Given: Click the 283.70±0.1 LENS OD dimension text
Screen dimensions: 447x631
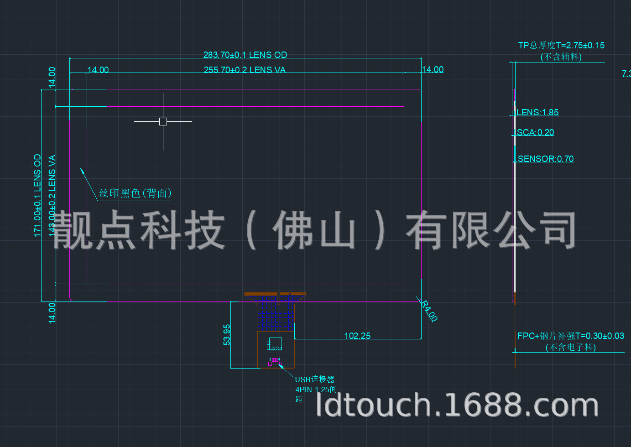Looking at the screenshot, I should click(x=245, y=55).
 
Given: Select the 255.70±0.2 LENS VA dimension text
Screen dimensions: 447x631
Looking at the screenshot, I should click(x=245, y=70).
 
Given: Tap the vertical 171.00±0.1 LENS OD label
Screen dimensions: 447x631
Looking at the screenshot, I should click(x=37, y=195).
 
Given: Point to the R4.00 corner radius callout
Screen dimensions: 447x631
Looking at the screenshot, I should click(x=429, y=311).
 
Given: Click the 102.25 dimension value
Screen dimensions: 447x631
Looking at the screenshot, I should click(x=357, y=336).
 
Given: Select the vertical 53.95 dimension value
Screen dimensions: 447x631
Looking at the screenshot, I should click(x=227, y=334).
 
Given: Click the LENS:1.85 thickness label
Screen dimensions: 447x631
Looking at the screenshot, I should click(x=537, y=112).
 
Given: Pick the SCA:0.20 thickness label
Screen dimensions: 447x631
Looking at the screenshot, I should click(x=535, y=132).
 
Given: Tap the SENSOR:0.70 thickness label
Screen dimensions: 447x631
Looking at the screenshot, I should click(x=546, y=159).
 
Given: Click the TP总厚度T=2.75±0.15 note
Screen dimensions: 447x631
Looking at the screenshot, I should click(x=561, y=46).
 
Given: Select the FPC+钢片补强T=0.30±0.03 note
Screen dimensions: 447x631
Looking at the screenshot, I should click(x=570, y=336).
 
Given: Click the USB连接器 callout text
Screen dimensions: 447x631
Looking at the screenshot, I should click(x=315, y=379).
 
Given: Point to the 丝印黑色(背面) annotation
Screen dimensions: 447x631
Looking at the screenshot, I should click(x=135, y=193).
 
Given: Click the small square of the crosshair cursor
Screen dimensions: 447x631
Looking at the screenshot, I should click(x=163, y=121).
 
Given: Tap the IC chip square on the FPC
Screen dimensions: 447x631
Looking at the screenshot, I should click(x=276, y=343).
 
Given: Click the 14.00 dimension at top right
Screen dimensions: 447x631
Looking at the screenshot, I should click(x=433, y=69).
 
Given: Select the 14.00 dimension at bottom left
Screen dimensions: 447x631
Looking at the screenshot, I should click(x=52, y=312).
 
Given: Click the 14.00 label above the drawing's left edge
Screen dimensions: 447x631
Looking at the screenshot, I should click(x=98, y=70).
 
